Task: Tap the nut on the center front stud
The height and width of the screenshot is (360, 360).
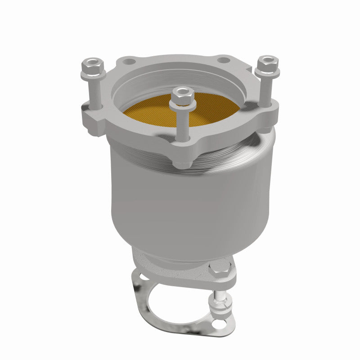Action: (182, 98)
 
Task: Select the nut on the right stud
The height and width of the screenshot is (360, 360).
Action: (267, 65)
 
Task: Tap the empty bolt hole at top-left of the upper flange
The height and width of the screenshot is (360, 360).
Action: (130, 60)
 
